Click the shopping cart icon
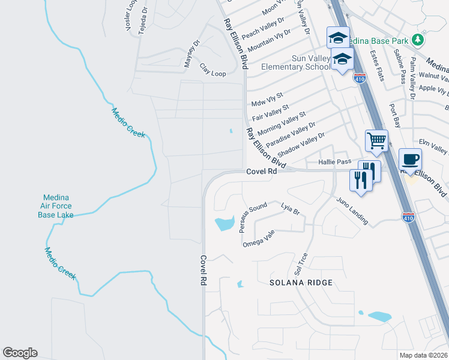pyautogui.click(x=376, y=141)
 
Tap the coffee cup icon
pyautogui.click(x=411, y=160)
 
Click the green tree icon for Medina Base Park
pyautogui.click(x=418, y=40)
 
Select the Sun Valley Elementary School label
pyautogui.click(x=295, y=62)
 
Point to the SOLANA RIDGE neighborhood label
pyautogui.click(x=300, y=282)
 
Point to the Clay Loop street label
pyautogui.click(x=212, y=70)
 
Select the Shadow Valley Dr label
pyautogui.click(x=301, y=145)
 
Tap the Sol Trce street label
pyautogui.click(x=301, y=262)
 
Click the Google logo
pyautogui.click(x=20, y=353)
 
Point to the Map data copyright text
pyautogui.click(x=424, y=355)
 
